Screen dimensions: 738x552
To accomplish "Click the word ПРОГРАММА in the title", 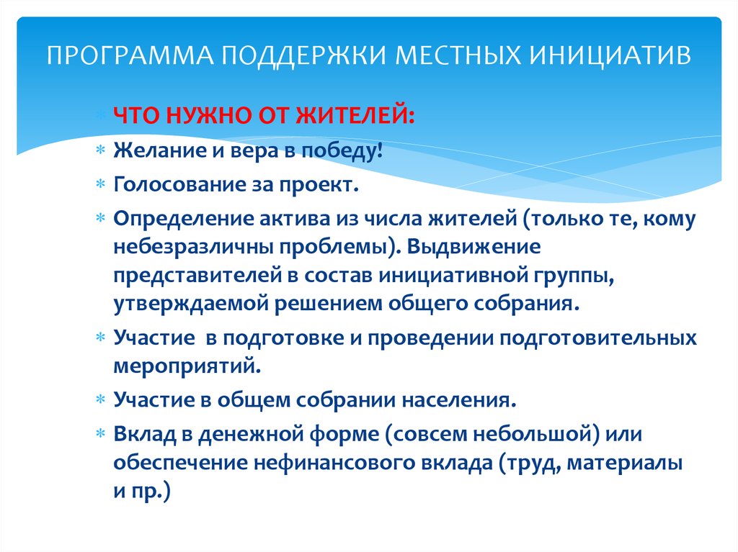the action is coord(130,55).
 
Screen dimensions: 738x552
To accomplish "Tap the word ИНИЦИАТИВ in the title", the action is coord(610,55).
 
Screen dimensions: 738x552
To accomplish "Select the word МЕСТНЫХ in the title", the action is coord(458,55).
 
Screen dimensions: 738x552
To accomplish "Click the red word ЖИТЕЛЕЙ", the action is coord(355,116).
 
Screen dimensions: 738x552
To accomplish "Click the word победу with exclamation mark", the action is coord(342,151).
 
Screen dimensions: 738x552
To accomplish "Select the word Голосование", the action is coord(179,185).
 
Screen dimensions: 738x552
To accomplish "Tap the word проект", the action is coord(319,186).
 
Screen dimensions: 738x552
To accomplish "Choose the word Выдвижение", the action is coord(474,247).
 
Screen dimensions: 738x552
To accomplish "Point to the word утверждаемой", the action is coord(190,304).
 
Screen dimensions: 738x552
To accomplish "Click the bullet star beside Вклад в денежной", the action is coord(100,433).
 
